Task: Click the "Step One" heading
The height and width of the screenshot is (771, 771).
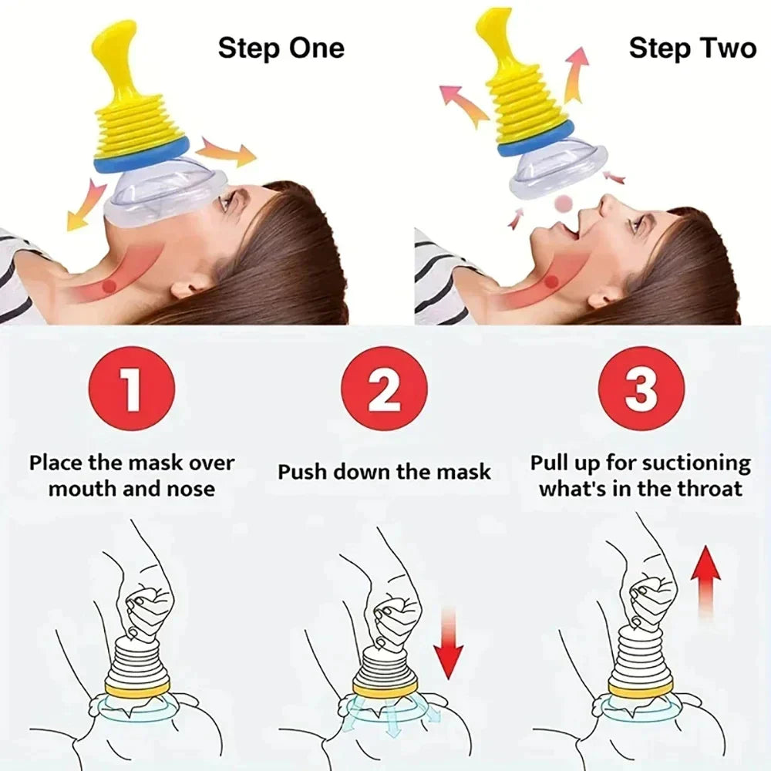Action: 281,49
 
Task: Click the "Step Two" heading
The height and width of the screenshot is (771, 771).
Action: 692,49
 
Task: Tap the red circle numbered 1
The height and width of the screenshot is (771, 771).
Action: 132,389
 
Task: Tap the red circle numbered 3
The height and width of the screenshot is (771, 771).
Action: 640,389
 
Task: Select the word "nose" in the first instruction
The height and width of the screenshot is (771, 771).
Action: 187,489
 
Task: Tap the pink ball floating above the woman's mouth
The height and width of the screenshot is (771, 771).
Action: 565,203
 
